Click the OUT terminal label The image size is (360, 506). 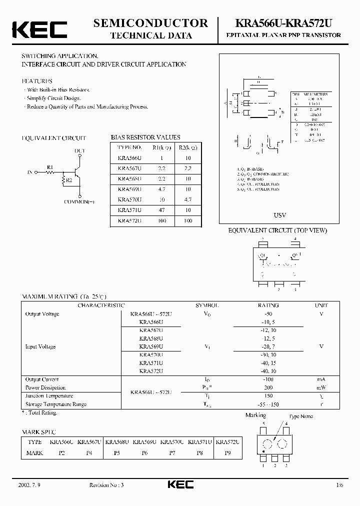(79, 150)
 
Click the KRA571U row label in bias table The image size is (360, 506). (129, 210)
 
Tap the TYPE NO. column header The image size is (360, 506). (129, 147)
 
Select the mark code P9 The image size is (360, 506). (228, 453)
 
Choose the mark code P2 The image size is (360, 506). (62, 453)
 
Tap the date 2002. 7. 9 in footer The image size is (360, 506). (30, 485)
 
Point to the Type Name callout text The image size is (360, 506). (301, 416)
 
